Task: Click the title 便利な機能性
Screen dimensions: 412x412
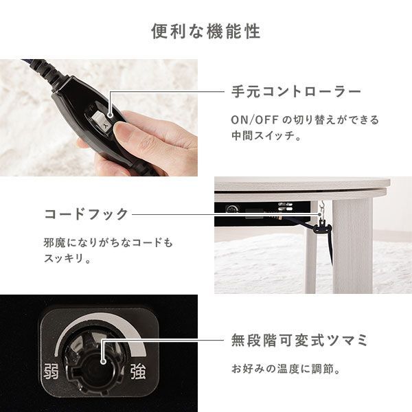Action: click(x=205, y=32)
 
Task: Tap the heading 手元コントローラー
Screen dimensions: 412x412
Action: click(x=297, y=91)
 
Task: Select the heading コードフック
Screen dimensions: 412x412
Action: click(x=87, y=214)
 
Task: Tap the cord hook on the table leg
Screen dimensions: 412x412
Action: click(x=320, y=218)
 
